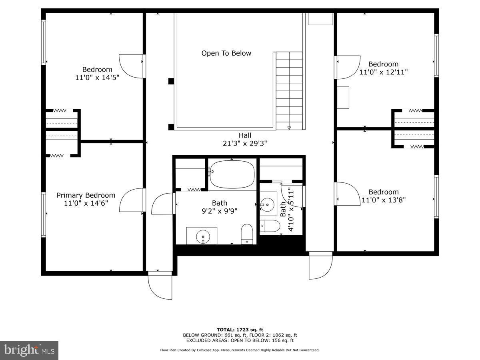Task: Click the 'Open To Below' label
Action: click(226, 53)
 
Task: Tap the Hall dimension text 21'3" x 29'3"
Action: click(245, 143)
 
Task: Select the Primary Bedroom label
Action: click(86, 195)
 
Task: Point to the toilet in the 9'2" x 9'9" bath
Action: click(247, 234)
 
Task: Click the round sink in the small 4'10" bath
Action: click(267, 204)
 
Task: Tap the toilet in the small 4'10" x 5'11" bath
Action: click(270, 226)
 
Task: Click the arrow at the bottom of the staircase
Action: click(289, 128)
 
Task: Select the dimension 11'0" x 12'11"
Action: click(384, 72)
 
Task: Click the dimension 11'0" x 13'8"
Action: click(384, 200)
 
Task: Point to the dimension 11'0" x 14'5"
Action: click(97, 77)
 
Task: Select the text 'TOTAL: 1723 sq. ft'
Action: click(240, 330)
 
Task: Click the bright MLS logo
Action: click(29, 350)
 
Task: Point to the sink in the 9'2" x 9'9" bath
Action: click(203, 236)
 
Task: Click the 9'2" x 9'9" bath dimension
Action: click(219, 211)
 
